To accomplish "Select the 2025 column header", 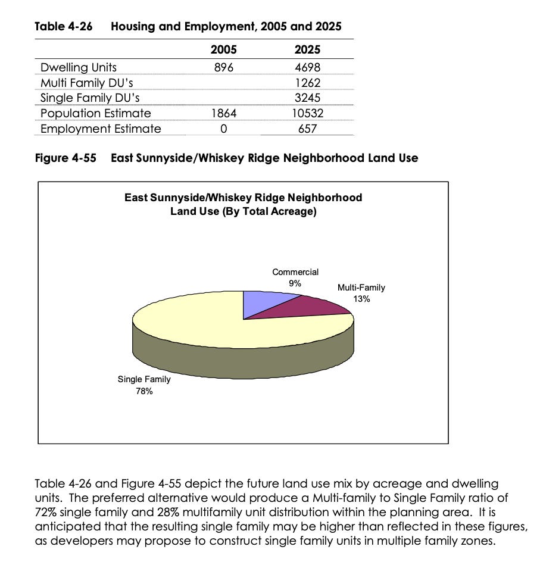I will [x=307, y=50].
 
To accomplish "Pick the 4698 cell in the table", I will [x=308, y=67].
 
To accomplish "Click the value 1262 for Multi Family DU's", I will [x=308, y=82].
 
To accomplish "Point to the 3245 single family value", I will [x=308, y=98].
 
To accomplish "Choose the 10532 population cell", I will [x=308, y=113].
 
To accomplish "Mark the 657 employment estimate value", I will [x=308, y=129].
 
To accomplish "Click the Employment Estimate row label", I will [x=100, y=129].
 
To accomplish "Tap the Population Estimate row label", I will [x=95, y=113].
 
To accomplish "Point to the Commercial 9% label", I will [x=295, y=277].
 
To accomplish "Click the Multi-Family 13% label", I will [x=361, y=293].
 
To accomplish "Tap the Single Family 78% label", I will [x=144, y=385].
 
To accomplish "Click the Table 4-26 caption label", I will [x=64, y=26].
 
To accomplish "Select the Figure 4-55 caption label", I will [x=65, y=158].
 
